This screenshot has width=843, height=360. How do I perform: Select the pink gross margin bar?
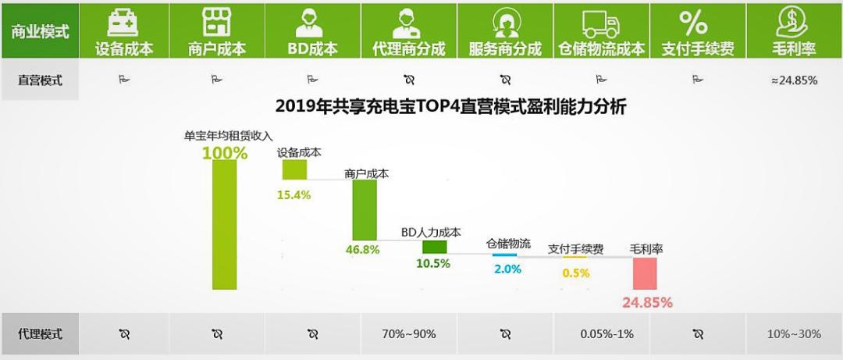[645, 273]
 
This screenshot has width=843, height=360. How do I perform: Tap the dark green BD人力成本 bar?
[434, 247]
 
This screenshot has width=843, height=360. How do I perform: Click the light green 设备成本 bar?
[294, 169]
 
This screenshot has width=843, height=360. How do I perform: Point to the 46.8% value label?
[362, 250]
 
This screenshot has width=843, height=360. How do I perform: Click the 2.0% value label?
[507, 269]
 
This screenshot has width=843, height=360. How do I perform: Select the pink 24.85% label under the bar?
[647, 302]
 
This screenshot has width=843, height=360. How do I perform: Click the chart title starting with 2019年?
[450, 106]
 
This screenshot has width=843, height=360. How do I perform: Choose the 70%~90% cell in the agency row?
[410, 334]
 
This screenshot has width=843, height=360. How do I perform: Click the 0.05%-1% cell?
[601, 334]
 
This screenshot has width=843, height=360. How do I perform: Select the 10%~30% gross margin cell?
[794, 334]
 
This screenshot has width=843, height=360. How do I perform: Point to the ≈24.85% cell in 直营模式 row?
[794, 80]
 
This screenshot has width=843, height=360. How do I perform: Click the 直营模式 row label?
[40, 80]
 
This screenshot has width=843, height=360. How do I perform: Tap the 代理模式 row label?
[40, 334]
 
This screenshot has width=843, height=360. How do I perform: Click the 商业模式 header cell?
[40, 31]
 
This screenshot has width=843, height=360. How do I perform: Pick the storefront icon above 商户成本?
[217, 21]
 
